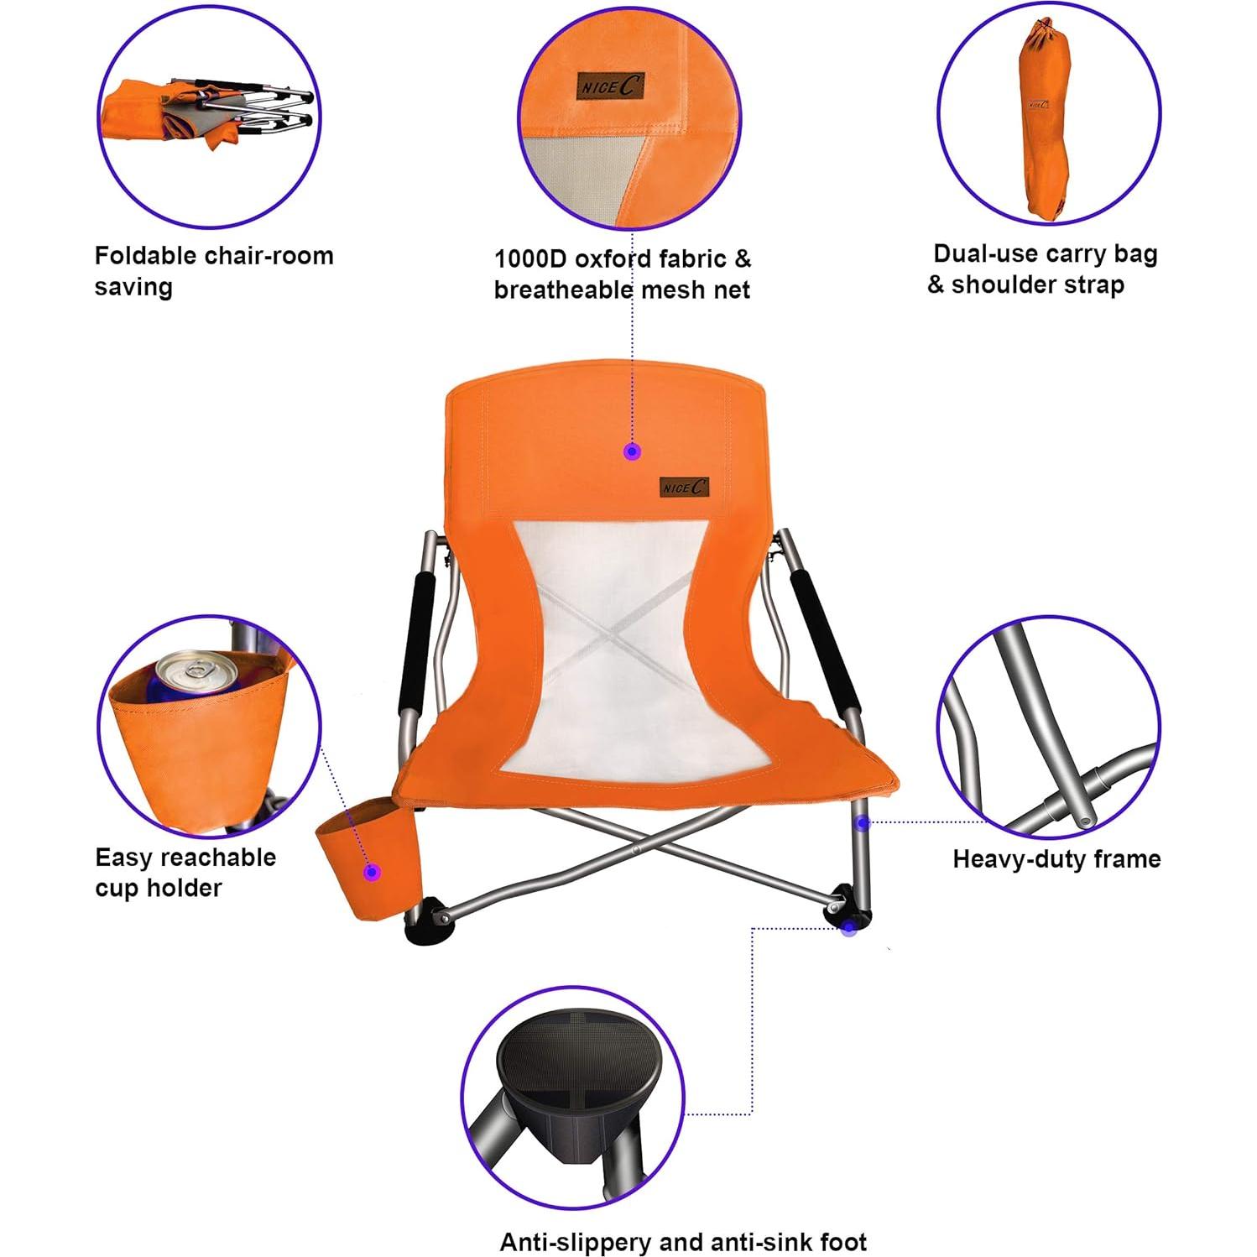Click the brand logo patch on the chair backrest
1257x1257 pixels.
684,486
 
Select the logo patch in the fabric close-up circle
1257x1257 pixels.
610,86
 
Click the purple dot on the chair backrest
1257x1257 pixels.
633,451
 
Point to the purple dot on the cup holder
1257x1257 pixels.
372,872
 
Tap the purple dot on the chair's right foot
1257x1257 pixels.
849,928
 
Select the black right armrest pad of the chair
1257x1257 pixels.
826,640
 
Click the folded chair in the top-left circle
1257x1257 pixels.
210,113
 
